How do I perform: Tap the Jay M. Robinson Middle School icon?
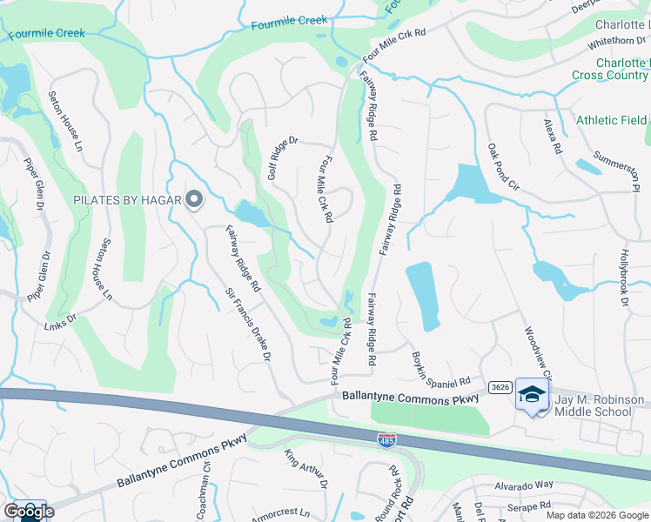point(531,394)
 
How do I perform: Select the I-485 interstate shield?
point(386,442)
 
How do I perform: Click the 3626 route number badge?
point(499,386)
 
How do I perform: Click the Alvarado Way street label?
point(524,485)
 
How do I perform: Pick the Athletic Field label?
point(612,121)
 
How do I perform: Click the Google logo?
point(29,512)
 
